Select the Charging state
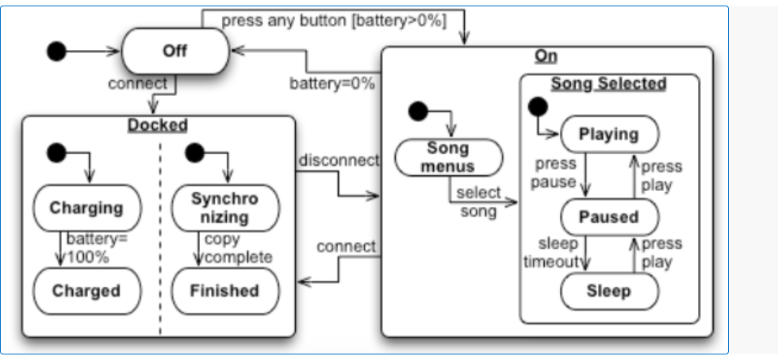(x=86, y=209)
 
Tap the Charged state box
(x=86, y=291)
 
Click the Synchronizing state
(x=225, y=208)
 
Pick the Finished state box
(x=225, y=291)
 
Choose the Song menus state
(x=448, y=157)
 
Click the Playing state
(x=609, y=134)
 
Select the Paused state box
(x=609, y=216)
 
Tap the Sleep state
(x=609, y=291)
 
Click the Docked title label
(x=158, y=125)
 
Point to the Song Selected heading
(x=609, y=83)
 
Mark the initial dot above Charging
(x=56, y=151)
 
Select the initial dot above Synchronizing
(x=193, y=151)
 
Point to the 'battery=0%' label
(x=332, y=82)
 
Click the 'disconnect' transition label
(x=339, y=161)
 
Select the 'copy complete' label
(x=238, y=248)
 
